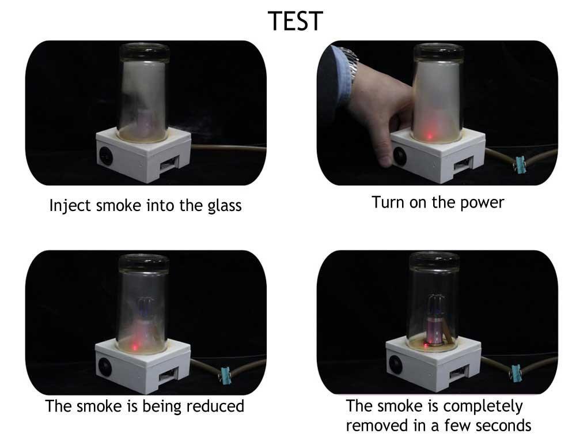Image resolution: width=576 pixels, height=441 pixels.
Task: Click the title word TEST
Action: point(295,21)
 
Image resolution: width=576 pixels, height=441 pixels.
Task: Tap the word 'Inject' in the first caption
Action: point(70,205)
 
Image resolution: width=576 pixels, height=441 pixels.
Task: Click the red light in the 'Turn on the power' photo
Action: point(430,136)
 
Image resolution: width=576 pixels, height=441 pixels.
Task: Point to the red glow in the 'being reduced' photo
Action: point(135,347)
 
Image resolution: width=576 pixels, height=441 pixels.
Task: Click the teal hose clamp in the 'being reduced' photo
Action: point(225,375)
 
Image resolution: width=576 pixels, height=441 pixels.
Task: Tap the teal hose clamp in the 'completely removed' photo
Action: point(516,372)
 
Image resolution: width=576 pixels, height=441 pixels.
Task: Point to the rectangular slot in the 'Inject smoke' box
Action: point(169,163)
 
